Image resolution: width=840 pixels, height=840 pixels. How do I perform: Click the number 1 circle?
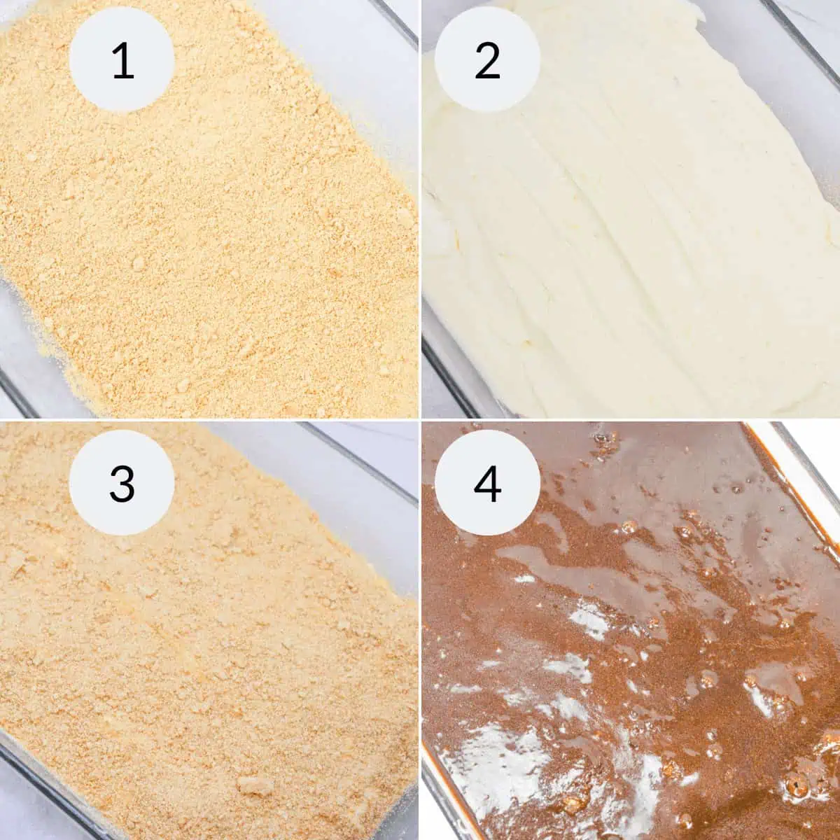[122, 59]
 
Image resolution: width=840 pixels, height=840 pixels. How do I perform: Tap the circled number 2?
[487, 59]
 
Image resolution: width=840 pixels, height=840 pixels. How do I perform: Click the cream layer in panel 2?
[630, 245]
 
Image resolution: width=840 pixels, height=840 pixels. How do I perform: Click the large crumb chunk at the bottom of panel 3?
[255, 785]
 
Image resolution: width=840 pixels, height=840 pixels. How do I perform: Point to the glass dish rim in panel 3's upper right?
[364, 455]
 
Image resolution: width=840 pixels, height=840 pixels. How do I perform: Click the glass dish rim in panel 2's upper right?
[805, 28]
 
